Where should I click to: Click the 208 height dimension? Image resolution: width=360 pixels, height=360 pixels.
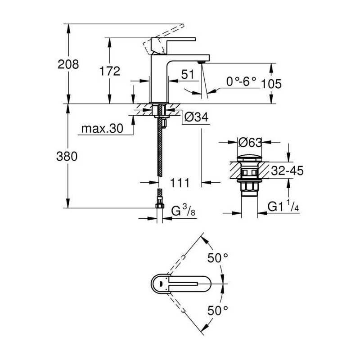(68, 64)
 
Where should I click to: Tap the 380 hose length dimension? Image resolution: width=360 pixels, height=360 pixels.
(68, 157)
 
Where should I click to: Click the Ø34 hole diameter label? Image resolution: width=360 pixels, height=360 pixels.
(196, 117)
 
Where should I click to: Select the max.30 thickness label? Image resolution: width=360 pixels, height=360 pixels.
(102, 129)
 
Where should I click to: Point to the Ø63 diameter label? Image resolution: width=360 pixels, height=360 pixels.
(250, 143)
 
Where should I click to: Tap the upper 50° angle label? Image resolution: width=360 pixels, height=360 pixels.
(218, 258)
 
